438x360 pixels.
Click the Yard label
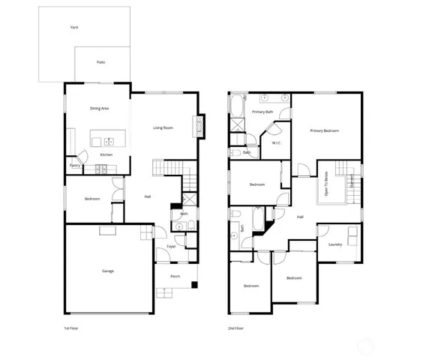pos(74,27)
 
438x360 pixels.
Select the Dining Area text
pos(100,109)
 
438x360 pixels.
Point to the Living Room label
pos(163,127)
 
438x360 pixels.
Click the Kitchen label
pos(106,155)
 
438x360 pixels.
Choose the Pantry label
pos(75,165)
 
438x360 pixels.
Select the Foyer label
pos(171,246)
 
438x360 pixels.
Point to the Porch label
pos(175,276)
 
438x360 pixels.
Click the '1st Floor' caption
pos(71,328)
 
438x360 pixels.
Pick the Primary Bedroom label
pos(325,130)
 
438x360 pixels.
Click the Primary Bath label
pos(262,112)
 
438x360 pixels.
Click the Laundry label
pos(335,244)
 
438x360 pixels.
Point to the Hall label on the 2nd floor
pos(300,217)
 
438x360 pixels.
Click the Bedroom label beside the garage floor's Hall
pos(92,199)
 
